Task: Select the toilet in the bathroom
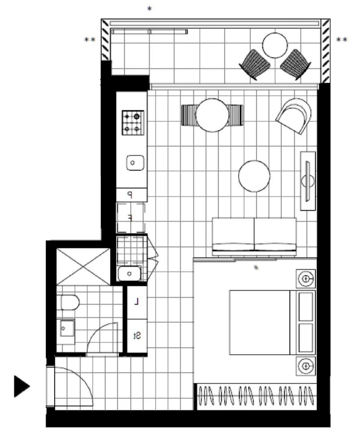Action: (70, 302)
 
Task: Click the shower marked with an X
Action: (83, 266)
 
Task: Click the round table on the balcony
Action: (275, 45)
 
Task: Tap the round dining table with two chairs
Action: (212, 115)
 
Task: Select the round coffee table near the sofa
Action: (254, 176)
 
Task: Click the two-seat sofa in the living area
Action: (254, 235)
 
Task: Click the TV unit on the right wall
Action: (308, 180)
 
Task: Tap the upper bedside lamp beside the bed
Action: (305, 279)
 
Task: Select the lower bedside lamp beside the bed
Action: (305, 365)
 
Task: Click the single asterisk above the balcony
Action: (149, 9)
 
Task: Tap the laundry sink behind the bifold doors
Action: (129, 273)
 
